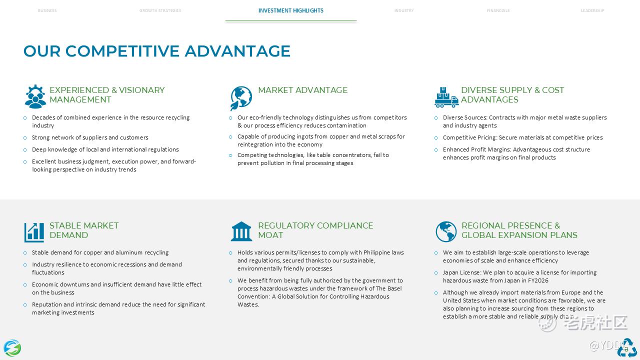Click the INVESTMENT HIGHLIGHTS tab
(290, 10)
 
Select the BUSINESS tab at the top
(47, 10)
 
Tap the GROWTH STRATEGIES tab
(160, 10)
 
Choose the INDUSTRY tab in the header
(403, 10)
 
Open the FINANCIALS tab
(498, 10)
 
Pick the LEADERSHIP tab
(592, 10)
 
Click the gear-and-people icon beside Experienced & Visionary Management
(35, 96)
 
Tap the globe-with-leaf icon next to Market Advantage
(241, 97)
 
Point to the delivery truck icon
(446, 97)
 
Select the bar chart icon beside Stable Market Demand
(34, 232)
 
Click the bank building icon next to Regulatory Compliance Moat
(241, 231)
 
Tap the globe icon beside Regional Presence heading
(446, 231)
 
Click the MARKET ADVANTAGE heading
(302, 90)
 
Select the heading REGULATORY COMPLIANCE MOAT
(315, 230)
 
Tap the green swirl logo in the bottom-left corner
(12, 347)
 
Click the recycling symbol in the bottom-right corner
(626, 348)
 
